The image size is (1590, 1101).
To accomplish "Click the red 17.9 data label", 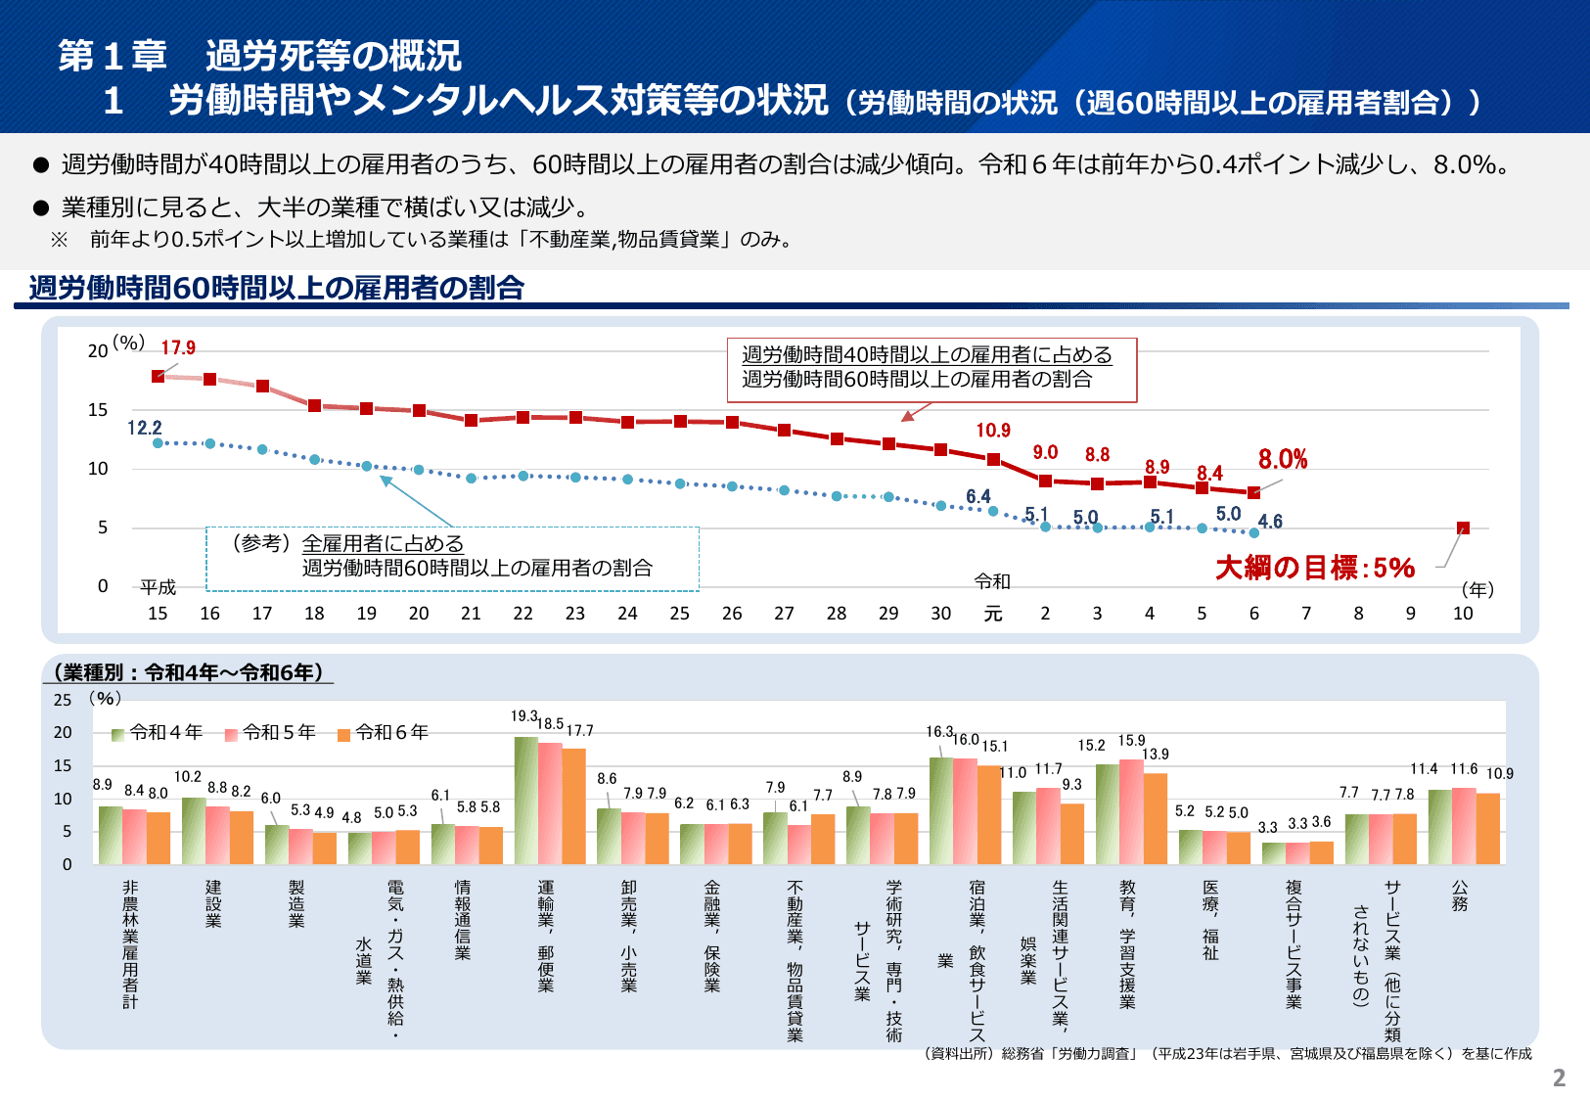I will pos(178,347).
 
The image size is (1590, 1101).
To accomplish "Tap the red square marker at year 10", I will pos(1463,528).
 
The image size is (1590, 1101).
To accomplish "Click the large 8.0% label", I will pos(1283,459).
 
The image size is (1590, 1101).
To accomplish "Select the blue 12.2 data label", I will pos(145,428).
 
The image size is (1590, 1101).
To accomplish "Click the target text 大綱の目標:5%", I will pos(1315,568).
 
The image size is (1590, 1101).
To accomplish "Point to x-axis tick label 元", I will pos(992,614).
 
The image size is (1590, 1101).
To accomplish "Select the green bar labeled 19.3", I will pos(526,801).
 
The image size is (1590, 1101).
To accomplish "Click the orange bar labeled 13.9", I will pos(1156,819).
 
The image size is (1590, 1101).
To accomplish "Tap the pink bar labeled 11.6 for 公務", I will pos(1464,826).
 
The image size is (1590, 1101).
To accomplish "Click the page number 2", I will pos(1559,1078).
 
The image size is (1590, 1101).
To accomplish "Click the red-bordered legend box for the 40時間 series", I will pos(931,369).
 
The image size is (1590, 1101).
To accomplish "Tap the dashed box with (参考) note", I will pos(452,558).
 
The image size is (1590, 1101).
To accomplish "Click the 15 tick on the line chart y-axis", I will pos(98,410).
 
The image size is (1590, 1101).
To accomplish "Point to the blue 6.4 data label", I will pos(978,496).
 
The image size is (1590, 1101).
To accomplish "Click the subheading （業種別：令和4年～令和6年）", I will pos(188,672).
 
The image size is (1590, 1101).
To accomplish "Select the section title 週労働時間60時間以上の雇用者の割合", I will pos(277,288).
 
